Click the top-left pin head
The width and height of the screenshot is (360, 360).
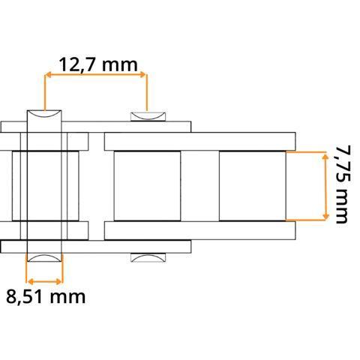[45, 116]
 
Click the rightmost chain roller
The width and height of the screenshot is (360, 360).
[252, 185]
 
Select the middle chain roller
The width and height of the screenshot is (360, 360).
[147, 185]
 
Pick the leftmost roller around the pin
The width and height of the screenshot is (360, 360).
[45, 185]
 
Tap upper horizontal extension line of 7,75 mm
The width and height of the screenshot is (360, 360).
[307, 151]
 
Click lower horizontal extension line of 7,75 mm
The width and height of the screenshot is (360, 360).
[307, 220]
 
